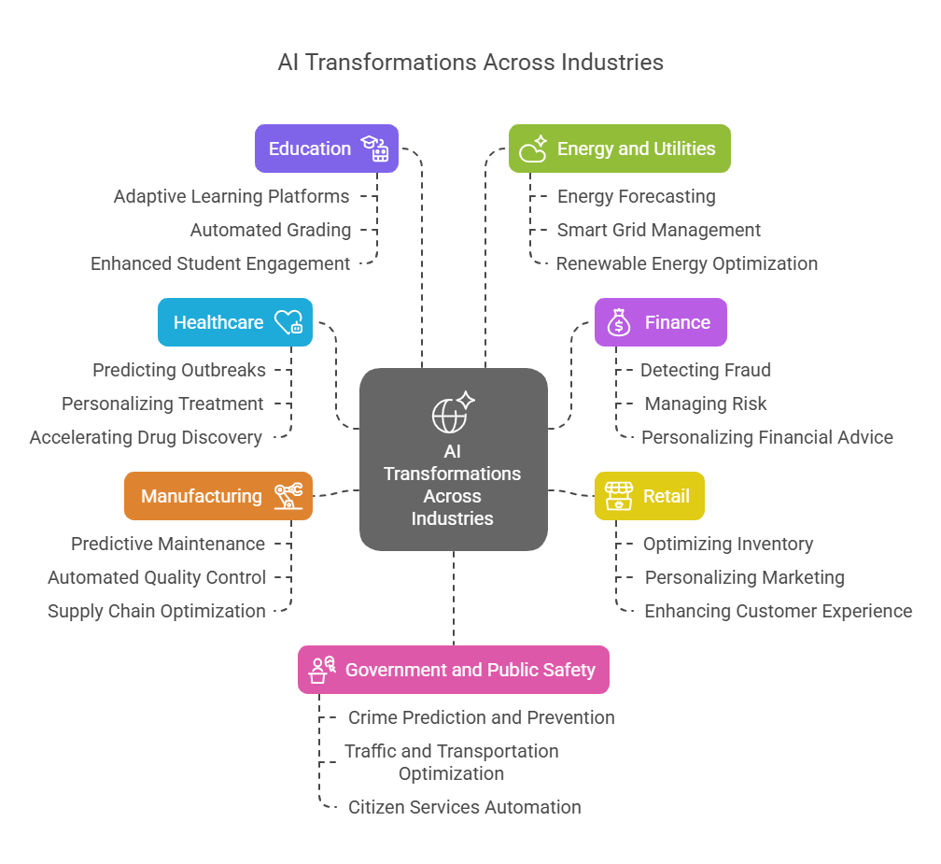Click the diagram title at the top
click(x=470, y=63)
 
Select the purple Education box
click(x=326, y=149)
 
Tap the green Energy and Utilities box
click(x=619, y=149)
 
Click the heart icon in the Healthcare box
click(x=288, y=322)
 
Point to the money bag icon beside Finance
click(x=619, y=323)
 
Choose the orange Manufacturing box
click(x=218, y=496)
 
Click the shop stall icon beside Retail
click(x=618, y=496)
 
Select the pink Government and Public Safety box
click(x=453, y=670)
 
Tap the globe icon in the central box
click(x=450, y=415)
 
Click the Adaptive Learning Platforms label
click(x=232, y=196)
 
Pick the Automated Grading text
click(x=271, y=230)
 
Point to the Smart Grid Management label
click(x=659, y=230)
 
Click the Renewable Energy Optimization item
click(x=687, y=263)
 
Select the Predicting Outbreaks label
click(x=179, y=370)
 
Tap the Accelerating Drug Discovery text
click(x=146, y=437)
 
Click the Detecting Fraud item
click(x=706, y=370)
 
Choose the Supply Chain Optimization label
click(x=157, y=611)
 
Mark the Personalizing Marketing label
click(x=745, y=577)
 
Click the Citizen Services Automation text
click(x=465, y=807)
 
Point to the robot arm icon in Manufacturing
click(x=288, y=496)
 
